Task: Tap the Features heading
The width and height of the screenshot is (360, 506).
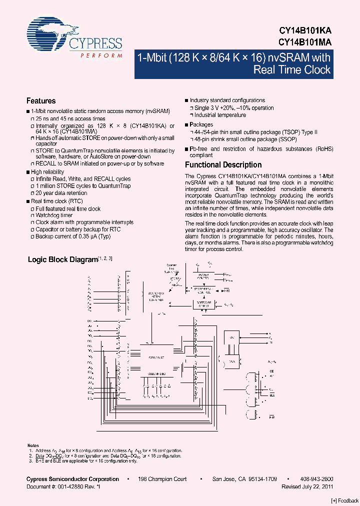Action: coord(41,101)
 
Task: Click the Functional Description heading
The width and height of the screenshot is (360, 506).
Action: coord(223,164)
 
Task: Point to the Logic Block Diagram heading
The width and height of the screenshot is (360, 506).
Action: coord(62,259)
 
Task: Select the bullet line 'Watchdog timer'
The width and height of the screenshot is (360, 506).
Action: coord(54,215)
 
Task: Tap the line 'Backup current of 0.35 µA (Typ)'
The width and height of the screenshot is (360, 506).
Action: coord(73,236)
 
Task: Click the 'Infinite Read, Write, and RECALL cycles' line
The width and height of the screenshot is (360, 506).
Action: coord(83,179)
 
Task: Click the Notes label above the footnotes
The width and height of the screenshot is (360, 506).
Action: coord(33,445)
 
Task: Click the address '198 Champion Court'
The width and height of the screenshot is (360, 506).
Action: coord(163,479)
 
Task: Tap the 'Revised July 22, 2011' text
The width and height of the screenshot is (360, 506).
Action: coord(307,486)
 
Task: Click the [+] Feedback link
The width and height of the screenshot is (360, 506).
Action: coord(345,501)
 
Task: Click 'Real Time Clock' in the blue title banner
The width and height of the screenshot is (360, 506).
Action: coord(292,70)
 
